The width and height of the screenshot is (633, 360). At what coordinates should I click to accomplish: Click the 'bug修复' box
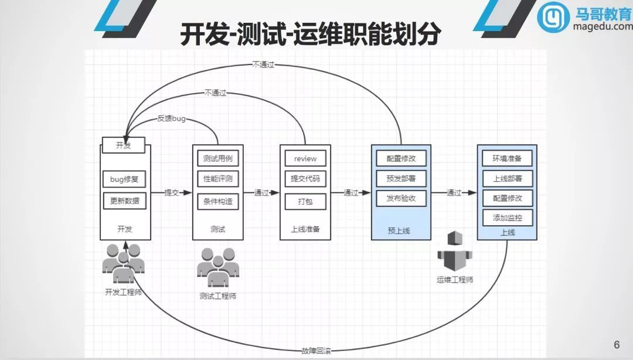(124, 179)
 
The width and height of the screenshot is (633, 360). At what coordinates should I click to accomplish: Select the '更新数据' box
(124, 201)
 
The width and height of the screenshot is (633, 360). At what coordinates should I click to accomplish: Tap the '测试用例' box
(217, 158)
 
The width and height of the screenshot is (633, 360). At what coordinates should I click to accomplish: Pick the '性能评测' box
(217, 179)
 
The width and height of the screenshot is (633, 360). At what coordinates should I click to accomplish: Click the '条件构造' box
(217, 202)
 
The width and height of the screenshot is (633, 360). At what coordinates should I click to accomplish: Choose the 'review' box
(305, 158)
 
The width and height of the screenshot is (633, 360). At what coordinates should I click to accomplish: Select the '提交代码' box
(305, 179)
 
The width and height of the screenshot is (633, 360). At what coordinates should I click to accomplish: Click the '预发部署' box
(401, 179)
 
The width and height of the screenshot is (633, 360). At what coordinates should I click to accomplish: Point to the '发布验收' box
(401, 198)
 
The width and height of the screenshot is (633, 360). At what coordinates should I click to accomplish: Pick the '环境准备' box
(507, 158)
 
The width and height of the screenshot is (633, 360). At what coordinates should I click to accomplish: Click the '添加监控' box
(507, 218)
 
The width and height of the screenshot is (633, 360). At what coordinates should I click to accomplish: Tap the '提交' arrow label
(171, 192)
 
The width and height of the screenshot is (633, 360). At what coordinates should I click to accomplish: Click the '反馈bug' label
(171, 118)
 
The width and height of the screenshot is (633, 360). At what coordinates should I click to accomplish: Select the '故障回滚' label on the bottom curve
(316, 351)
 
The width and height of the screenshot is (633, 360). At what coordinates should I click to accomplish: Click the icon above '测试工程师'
(217, 267)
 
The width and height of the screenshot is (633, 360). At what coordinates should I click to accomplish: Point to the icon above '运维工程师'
(454, 252)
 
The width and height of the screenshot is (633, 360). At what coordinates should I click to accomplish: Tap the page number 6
(616, 345)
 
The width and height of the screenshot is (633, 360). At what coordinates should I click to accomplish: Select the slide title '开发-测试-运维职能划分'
(310, 35)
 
